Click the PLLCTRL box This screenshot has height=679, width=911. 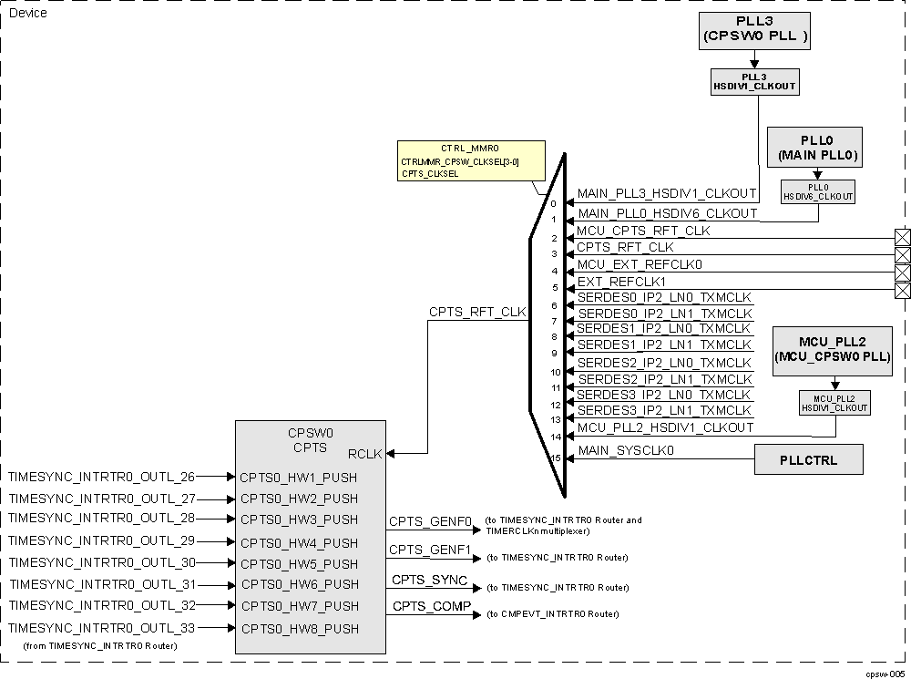coord(808,459)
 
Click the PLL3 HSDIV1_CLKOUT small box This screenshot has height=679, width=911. coord(754,82)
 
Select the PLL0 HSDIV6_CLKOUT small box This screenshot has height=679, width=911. coord(818,191)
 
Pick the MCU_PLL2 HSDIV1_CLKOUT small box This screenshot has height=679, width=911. coord(834,403)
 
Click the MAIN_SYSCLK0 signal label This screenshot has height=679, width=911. coord(626,451)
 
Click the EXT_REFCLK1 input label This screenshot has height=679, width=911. coord(621,282)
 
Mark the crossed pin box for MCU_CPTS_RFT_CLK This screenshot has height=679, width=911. coord(903,238)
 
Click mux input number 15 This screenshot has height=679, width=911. coord(555,458)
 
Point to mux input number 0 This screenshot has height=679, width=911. coord(553,204)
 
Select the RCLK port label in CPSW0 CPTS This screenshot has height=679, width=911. coord(365,453)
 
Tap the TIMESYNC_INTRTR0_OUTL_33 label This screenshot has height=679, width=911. coord(101,627)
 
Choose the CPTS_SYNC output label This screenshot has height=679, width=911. coord(430,581)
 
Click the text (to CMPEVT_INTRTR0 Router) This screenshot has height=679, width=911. coord(553,614)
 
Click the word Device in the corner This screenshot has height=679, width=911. coord(27,13)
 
